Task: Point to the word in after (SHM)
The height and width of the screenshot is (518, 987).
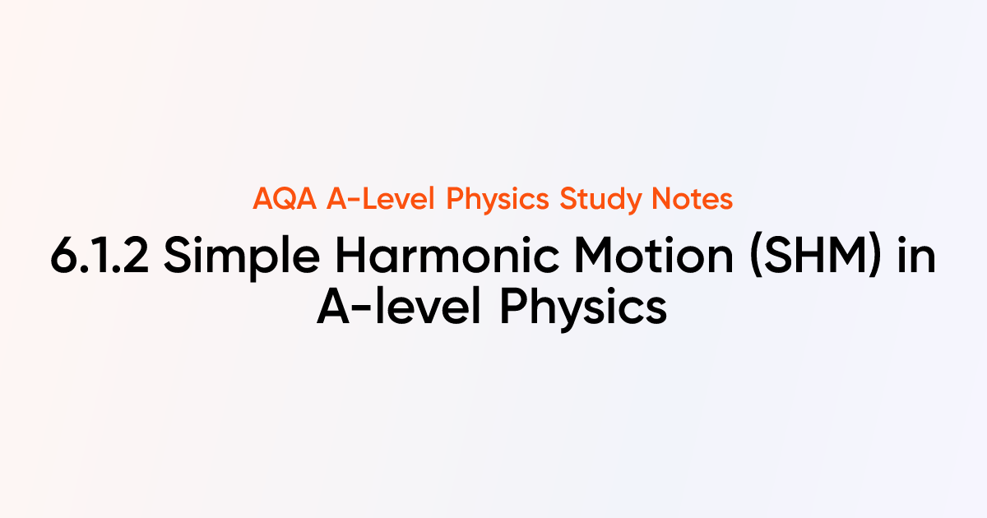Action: coord(918,258)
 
